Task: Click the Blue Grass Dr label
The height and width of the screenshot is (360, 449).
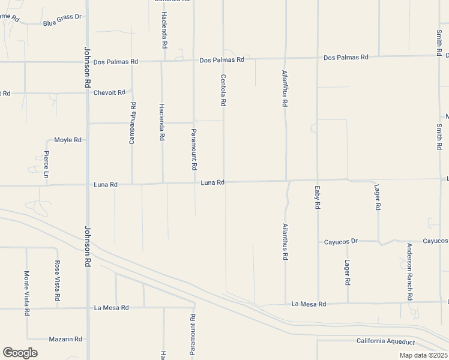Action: point(62,25)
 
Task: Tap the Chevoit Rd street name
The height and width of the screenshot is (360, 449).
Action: point(109,92)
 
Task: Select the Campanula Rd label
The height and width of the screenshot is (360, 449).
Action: point(133,124)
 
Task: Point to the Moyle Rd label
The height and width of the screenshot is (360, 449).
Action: point(67,140)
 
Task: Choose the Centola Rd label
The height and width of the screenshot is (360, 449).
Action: point(223,90)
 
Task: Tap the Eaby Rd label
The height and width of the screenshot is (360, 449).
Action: point(317,197)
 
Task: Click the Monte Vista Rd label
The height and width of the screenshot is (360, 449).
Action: point(26,293)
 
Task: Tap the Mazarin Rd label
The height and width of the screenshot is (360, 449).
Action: point(66,339)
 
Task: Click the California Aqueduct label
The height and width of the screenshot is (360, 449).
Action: point(385,341)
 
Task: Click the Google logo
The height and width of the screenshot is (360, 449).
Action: point(20,353)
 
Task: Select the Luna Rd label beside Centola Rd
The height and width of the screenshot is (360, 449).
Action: point(212,182)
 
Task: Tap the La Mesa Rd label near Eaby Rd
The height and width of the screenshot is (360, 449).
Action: point(309,304)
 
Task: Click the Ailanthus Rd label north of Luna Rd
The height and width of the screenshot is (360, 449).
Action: point(285,89)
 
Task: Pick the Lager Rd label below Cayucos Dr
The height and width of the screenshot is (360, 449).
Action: point(348,272)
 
